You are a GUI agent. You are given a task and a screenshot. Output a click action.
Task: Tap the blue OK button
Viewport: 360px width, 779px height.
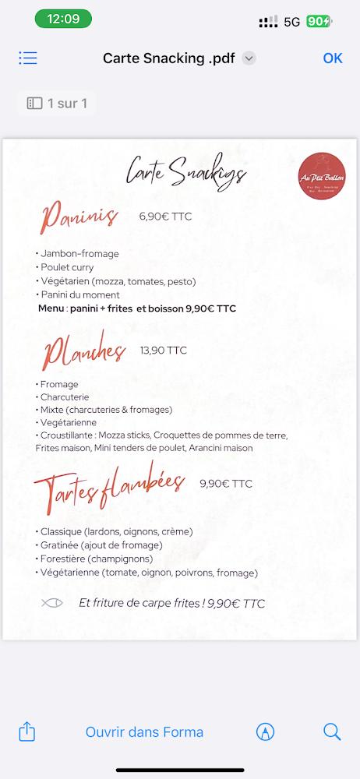(333, 58)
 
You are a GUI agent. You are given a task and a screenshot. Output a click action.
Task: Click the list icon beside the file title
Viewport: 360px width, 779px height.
(28, 58)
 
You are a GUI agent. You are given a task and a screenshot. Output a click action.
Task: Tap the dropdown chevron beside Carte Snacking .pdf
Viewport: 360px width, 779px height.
(249, 58)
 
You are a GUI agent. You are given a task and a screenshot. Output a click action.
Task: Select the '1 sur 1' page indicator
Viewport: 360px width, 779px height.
(57, 103)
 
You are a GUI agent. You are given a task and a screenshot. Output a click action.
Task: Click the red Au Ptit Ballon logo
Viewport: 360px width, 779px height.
(322, 177)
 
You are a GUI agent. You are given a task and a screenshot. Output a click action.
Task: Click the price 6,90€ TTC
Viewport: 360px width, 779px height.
(165, 217)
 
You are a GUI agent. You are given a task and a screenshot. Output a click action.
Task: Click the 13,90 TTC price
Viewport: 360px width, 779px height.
(164, 351)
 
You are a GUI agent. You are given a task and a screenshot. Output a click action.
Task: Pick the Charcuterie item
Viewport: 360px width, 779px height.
(64, 397)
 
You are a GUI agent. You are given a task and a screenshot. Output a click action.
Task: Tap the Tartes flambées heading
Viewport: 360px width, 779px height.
(109, 486)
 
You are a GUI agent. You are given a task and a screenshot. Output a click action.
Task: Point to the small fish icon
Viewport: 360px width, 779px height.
(52, 602)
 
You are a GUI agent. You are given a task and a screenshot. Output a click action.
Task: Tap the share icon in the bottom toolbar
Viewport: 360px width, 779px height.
(27, 731)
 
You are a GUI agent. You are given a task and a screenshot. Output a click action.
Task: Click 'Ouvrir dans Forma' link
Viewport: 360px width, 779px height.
(144, 732)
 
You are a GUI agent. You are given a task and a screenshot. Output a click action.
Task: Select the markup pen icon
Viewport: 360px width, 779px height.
(265, 732)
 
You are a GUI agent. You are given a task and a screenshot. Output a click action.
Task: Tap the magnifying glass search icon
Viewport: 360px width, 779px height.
(332, 731)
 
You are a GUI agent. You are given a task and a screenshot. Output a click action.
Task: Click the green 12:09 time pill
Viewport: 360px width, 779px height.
(63, 19)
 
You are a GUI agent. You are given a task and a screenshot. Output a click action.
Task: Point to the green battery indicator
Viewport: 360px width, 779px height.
(318, 22)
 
